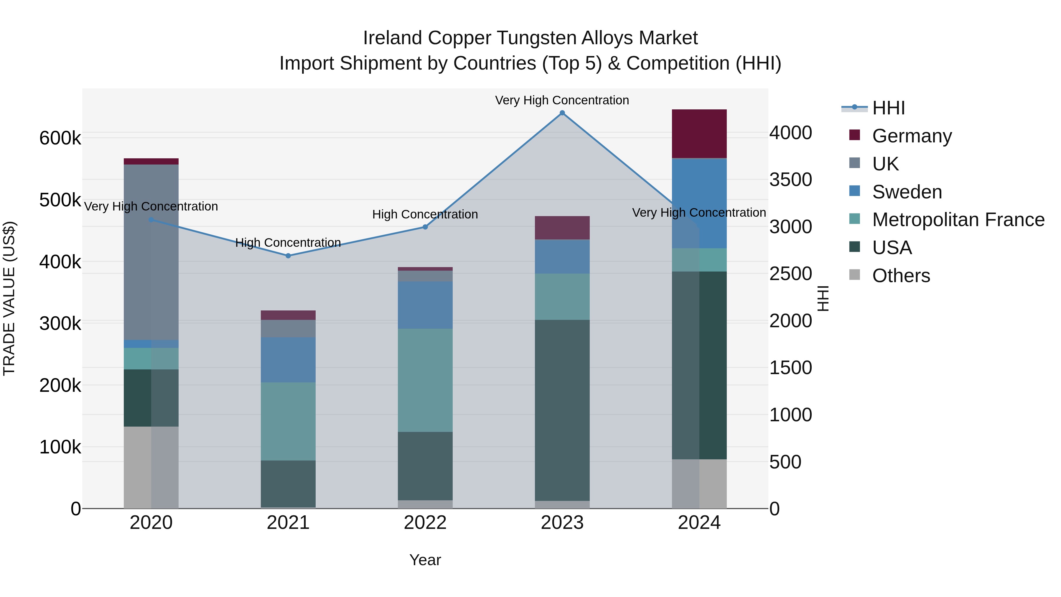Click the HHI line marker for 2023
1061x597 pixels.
[562, 113]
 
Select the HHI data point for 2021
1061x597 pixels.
[288, 256]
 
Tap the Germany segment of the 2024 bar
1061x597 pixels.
[699, 134]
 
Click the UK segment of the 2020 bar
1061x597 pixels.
[151, 252]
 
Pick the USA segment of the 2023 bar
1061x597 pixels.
[562, 410]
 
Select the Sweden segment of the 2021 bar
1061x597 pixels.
[288, 360]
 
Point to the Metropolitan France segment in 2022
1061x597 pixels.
[425, 380]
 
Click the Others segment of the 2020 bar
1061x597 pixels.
[151, 467]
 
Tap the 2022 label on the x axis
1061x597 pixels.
[425, 523]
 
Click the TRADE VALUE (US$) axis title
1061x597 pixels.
[9, 298]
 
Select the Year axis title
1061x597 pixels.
[425, 560]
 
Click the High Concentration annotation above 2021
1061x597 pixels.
[288, 243]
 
